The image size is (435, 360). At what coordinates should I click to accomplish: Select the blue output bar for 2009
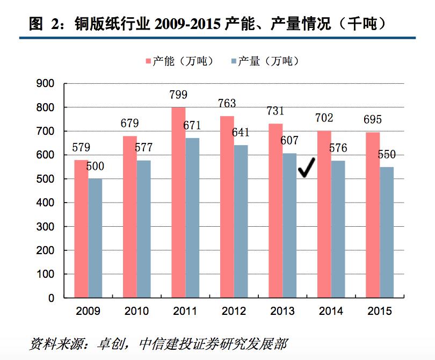click(x=95, y=238)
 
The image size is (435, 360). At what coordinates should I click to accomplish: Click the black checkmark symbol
click(x=307, y=168)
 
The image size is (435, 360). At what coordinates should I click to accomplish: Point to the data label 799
click(x=178, y=95)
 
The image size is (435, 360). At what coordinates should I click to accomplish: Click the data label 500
click(x=95, y=167)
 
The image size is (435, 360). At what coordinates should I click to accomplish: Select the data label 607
click(x=289, y=141)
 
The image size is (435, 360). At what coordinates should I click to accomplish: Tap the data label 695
click(x=373, y=120)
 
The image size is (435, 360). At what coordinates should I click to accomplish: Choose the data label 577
click(x=144, y=148)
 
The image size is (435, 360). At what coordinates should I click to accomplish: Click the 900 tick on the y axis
click(x=46, y=83)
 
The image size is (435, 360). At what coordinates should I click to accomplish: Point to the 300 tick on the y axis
click(x=46, y=227)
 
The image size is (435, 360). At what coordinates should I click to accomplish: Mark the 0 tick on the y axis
click(x=52, y=298)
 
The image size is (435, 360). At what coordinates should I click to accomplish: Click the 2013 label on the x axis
click(x=282, y=311)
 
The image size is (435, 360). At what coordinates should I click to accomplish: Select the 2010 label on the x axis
click(x=136, y=311)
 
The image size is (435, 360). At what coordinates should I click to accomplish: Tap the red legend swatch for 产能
click(x=148, y=61)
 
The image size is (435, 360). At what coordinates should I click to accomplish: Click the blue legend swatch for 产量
click(x=233, y=61)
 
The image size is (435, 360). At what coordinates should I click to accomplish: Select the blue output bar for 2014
click(x=338, y=229)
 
